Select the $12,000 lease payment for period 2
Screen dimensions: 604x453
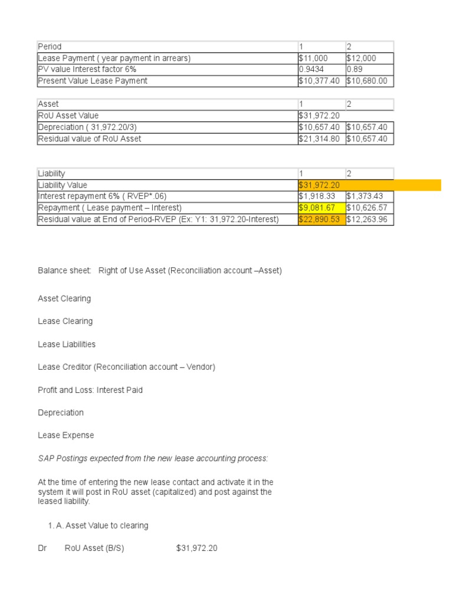(360, 58)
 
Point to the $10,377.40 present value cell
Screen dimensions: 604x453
(320, 81)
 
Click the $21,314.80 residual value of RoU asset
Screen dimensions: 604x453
(320, 139)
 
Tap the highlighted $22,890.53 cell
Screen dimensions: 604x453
(320, 219)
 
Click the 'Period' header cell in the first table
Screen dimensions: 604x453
(50, 47)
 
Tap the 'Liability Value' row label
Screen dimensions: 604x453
(63, 185)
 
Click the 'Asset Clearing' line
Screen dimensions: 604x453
(64, 298)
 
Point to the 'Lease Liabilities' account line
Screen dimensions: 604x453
(67, 344)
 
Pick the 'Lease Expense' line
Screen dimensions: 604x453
(66, 435)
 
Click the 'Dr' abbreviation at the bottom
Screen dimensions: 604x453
(42, 548)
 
